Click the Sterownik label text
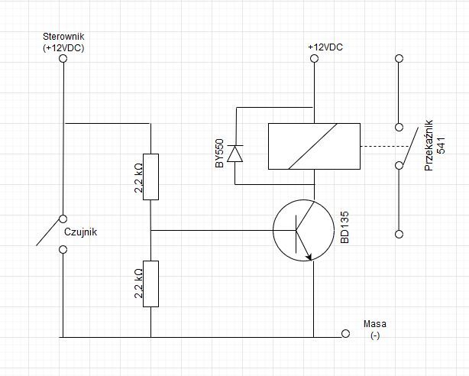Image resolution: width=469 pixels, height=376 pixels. pos(63,37)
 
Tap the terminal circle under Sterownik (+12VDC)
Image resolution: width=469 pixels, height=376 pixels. pos(63,58)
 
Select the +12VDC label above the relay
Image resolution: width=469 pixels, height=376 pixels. pos(325,47)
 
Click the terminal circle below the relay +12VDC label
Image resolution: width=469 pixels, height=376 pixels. pos(314,58)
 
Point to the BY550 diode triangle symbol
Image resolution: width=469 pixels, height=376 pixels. pos(235,154)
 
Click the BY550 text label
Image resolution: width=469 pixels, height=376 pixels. pos(219,154)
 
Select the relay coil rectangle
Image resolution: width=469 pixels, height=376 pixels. pos(314,147)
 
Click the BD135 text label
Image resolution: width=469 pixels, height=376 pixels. pos(344,227)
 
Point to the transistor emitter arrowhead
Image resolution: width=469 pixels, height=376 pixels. pos(309,257)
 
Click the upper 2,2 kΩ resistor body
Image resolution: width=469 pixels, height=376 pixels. pos(150,177)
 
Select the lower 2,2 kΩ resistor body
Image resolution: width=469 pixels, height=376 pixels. pos(150,284)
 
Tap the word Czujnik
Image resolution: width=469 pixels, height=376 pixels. pos(81,232)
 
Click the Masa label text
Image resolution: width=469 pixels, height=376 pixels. pos(375,323)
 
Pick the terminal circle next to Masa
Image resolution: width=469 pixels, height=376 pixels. pos(345,333)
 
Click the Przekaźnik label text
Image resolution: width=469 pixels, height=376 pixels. pos(429,145)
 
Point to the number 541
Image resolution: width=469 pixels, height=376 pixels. pos(442,146)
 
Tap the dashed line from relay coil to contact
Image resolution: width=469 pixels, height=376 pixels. pos(384,147)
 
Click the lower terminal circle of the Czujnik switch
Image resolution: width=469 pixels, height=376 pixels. pos(63,249)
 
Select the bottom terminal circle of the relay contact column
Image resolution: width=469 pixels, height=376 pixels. pos(399,234)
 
